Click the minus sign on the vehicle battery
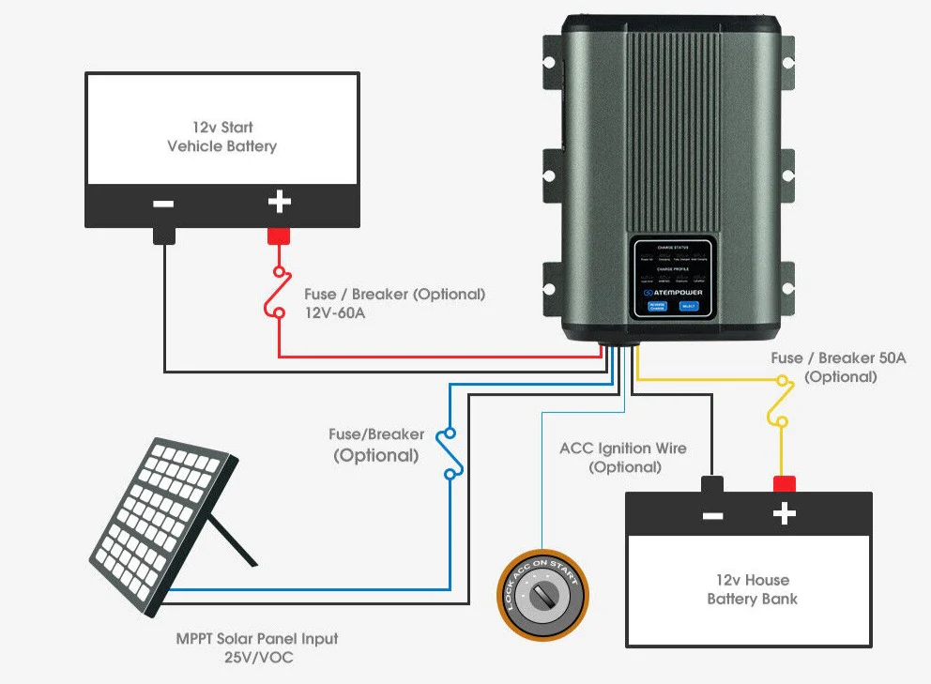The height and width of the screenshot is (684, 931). [163, 204]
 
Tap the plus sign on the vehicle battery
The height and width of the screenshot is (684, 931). [279, 202]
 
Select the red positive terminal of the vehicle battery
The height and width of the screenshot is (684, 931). [279, 236]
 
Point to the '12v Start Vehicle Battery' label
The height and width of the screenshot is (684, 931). [222, 136]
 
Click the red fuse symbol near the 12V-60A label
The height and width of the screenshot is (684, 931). [278, 296]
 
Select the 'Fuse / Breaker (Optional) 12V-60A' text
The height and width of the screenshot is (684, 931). [394, 303]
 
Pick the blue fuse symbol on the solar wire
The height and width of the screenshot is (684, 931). [450, 454]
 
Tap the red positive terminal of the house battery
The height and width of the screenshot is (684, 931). [784, 484]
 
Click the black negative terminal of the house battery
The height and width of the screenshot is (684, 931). [712, 484]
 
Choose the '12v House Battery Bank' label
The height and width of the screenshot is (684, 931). [752, 589]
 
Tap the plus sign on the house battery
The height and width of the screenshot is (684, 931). [784, 514]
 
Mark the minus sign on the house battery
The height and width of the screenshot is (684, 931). [712, 515]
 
